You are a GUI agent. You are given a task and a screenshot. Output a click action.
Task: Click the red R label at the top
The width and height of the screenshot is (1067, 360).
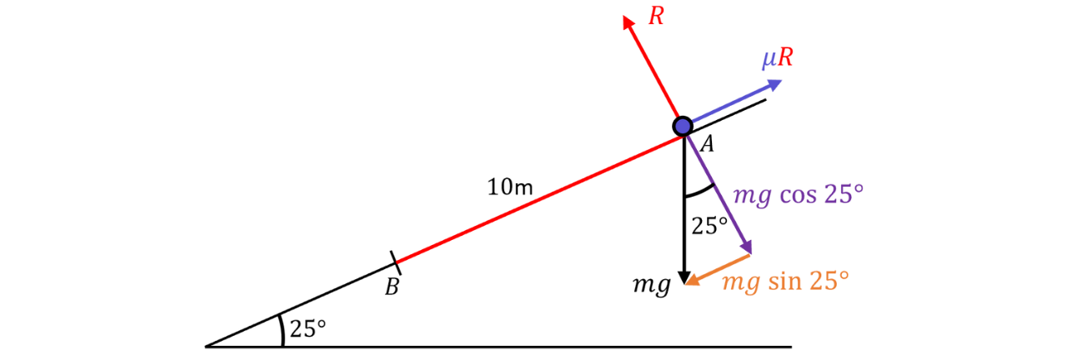click(x=657, y=16)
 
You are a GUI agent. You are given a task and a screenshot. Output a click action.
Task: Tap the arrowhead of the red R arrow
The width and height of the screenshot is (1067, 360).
click(x=627, y=21)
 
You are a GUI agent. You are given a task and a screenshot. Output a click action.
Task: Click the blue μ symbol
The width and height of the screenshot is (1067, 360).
click(x=768, y=60)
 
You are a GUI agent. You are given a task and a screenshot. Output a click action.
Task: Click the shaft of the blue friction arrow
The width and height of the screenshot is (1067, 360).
click(x=731, y=102)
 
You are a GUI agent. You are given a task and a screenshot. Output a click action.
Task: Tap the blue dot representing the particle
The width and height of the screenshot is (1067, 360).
click(x=683, y=126)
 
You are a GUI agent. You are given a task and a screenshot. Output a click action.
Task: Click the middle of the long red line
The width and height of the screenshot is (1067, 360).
click(x=540, y=199)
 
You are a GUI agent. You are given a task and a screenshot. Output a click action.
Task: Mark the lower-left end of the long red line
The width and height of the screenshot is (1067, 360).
click(x=400, y=262)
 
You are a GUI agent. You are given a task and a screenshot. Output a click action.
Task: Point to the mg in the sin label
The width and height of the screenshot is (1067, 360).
click(x=741, y=283)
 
